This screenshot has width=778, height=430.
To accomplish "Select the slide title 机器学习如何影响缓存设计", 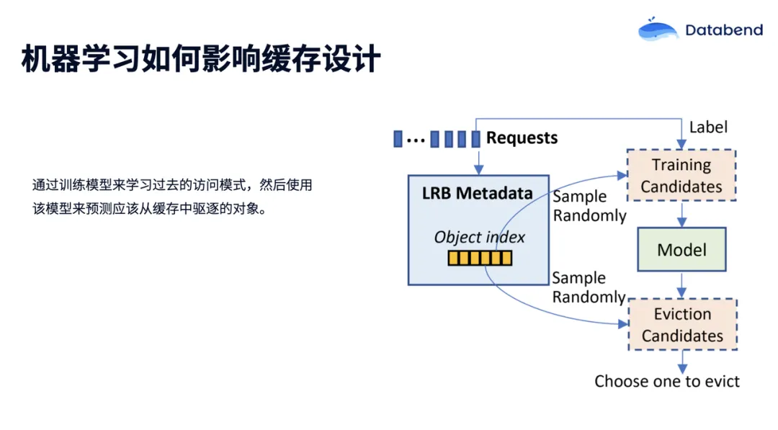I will pyautogui.click(x=200, y=59).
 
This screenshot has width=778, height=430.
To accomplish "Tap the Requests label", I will pyautogui.click(x=522, y=138).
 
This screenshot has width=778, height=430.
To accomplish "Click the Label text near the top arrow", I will pyautogui.click(x=708, y=127).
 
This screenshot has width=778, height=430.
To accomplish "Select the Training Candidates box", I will pyautogui.click(x=681, y=176).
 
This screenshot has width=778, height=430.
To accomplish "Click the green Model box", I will pyautogui.click(x=681, y=250).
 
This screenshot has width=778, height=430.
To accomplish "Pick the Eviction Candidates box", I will pyautogui.click(x=681, y=325).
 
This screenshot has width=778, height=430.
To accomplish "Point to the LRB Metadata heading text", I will pyautogui.click(x=478, y=193).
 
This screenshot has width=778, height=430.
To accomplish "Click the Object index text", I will pyautogui.click(x=479, y=237).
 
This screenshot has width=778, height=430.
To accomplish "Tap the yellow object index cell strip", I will pyautogui.click(x=479, y=258).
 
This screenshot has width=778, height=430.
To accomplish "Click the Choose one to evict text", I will pyautogui.click(x=666, y=381).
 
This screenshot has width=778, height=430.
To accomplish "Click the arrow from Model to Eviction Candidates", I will pyautogui.click(x=681, y=285).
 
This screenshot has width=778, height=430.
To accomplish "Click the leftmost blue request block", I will pyautogui.click(x=398, y=138).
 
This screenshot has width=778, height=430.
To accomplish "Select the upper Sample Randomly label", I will pyautogui.click(x=589, y=206).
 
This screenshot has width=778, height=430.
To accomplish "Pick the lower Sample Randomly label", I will pyautogui.click(x=589, y=287).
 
